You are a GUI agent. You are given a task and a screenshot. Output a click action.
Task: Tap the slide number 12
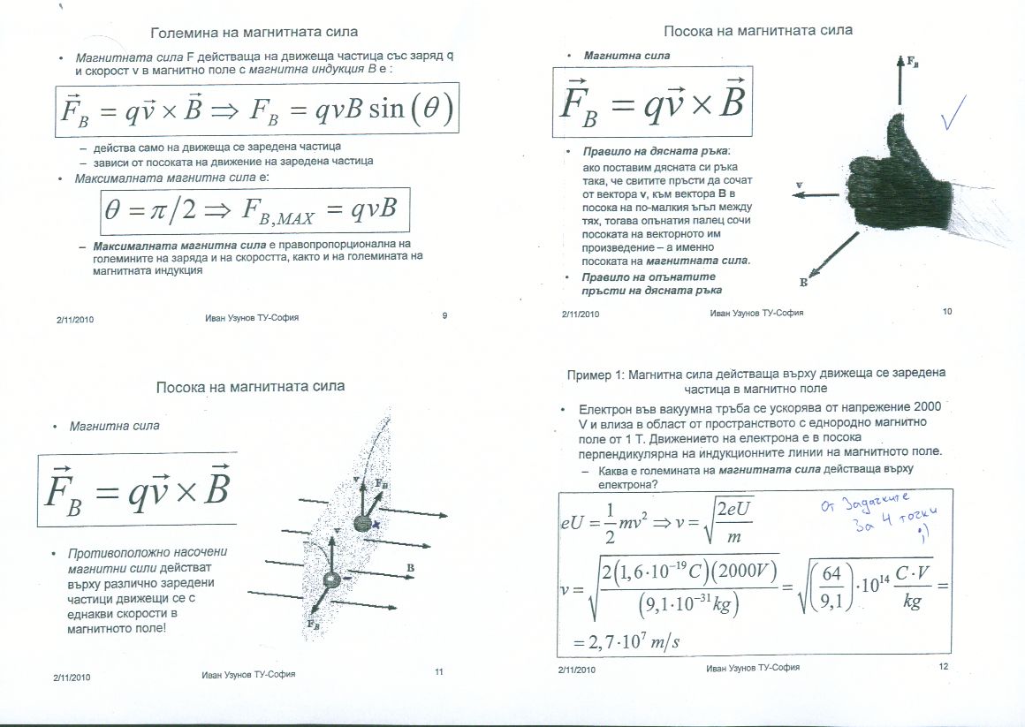[943, 667]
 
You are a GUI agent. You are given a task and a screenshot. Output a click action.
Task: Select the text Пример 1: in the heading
[596, 375]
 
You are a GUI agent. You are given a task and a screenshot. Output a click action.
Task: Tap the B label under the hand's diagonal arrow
[803, 283]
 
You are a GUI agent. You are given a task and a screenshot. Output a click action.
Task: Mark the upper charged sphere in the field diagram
[362, 524]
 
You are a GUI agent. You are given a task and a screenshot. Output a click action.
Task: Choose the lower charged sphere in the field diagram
[331, 580]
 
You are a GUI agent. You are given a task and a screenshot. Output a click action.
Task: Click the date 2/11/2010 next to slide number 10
[581, 314]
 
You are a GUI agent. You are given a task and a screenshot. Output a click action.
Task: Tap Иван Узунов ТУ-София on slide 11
[248, 674]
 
